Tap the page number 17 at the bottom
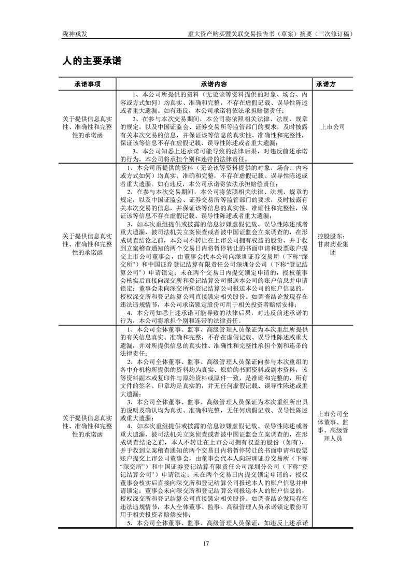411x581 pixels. click(x=206, y=543)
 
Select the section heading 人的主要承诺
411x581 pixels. click(x=92, y=61)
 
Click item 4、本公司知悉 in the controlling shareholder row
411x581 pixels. click(x=218, y=313)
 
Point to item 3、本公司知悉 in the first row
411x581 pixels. click(x=218, y=151)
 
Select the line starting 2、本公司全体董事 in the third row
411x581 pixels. click(x=218, y=361)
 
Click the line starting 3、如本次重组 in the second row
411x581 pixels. click(x=218, y=224)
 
